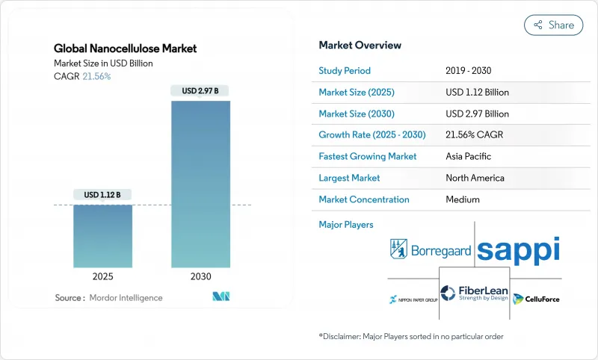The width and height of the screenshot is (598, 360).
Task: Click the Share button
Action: tap(553, 25)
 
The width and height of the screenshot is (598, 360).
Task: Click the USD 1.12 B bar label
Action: tap(103, 195)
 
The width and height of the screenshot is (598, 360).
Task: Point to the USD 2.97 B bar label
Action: tap(200, 91)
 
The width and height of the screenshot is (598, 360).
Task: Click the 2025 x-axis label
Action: tap(103, 276)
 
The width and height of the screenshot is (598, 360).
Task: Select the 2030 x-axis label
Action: tap(200, 276)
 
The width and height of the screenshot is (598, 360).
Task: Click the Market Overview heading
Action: tap(360, 45)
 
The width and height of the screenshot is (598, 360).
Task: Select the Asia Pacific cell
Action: tap(469, 157)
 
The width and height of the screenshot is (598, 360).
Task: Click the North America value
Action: tap(475, 178)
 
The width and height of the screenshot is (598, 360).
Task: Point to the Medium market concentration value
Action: tap(463, 199)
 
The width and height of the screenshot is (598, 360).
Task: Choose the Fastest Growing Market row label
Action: tap(368, 157)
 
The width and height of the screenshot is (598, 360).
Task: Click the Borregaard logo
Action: tap(431, 249)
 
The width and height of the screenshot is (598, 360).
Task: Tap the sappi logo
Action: tap(518, 249)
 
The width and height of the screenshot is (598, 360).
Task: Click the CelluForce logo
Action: tap(537, 299)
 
